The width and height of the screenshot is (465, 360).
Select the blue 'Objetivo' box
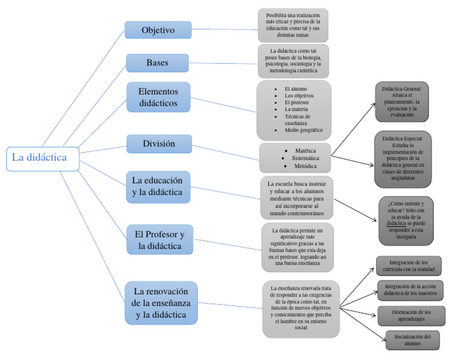click(158, 30)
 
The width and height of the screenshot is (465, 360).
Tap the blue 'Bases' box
click(158, 62)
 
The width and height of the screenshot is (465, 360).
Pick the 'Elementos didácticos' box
click(159, 97)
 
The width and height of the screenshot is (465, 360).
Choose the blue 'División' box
click(159, 144)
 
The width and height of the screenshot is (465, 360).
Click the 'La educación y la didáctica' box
click(158, 187)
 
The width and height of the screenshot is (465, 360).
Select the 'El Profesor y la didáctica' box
click(160, 239)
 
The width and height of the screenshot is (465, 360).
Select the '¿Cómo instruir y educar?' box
click(406, 220)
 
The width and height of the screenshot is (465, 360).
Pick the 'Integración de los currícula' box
click(408, 265)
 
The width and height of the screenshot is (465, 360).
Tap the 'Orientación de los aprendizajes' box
click(411, 315)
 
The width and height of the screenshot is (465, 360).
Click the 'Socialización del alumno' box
click(413, 339)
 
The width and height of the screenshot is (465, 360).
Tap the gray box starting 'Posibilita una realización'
click(293, 25)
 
